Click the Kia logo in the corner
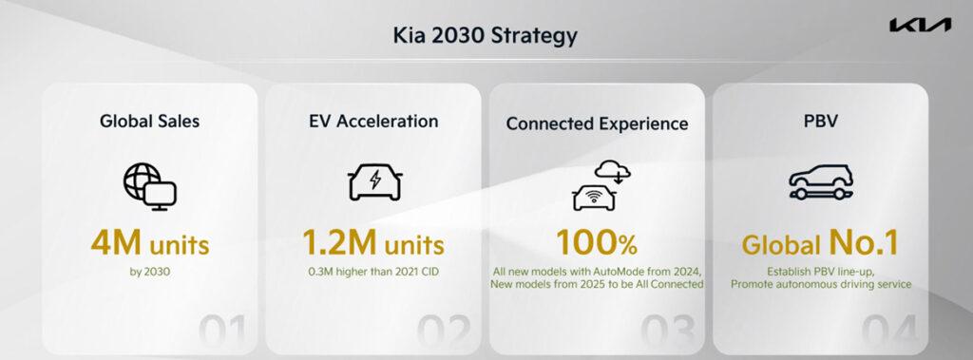pos(920,26)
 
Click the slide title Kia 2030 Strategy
pos(486,38)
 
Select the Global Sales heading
pos(149,122)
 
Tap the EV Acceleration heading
pos(373,122)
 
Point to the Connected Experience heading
pos(597,123)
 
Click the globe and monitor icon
pos(149,184)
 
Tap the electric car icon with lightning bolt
pos(373,182)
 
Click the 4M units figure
pos(149,244)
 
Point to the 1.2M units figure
pos(373,244)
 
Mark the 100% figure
pos(597,244)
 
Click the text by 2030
pos(149,272)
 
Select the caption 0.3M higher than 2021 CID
pos(373,272)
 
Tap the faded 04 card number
pos(893,332)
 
